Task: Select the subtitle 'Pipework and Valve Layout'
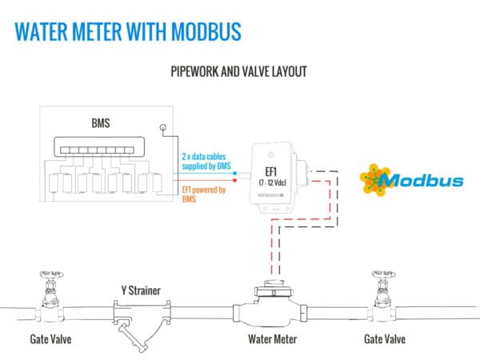click(239, 71)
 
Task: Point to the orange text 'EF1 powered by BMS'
click(204, 194)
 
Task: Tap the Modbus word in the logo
click(422, 180)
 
